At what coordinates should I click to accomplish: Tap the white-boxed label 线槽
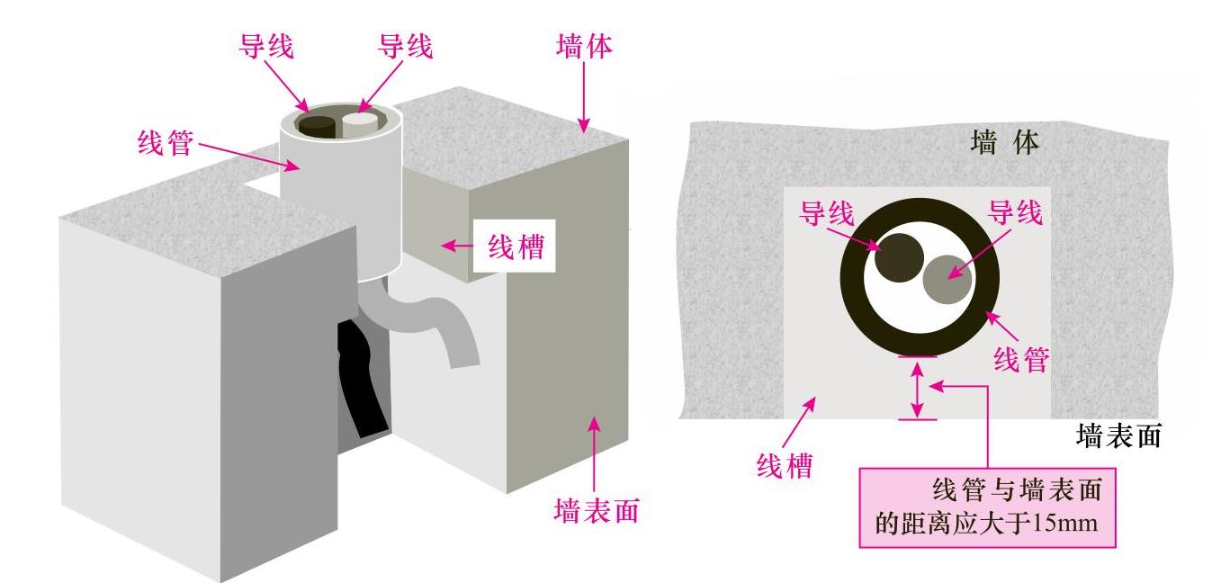(x=516, y=245)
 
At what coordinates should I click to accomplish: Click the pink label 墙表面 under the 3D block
(x=596, y=510)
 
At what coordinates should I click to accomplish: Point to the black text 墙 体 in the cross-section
(x=1005, y=142)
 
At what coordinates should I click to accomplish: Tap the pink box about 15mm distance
(x=988, y=507)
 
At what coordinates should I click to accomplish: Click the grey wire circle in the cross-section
(x=947, y=280)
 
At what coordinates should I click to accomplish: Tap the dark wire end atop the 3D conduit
(x=317, y=124)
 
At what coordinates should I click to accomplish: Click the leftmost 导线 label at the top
(x=265, y=46)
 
